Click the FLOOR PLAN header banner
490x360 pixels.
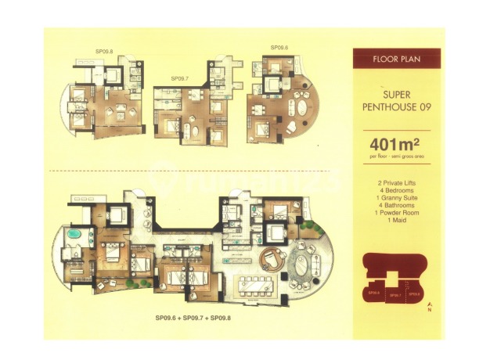(x=396, y=59)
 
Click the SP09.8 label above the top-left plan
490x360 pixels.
(x=104, y=52)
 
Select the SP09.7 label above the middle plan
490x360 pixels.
(x=181, y=79)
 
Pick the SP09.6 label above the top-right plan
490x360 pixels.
(x=279, y=48)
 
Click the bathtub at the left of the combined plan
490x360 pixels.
(x=76, y=236)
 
